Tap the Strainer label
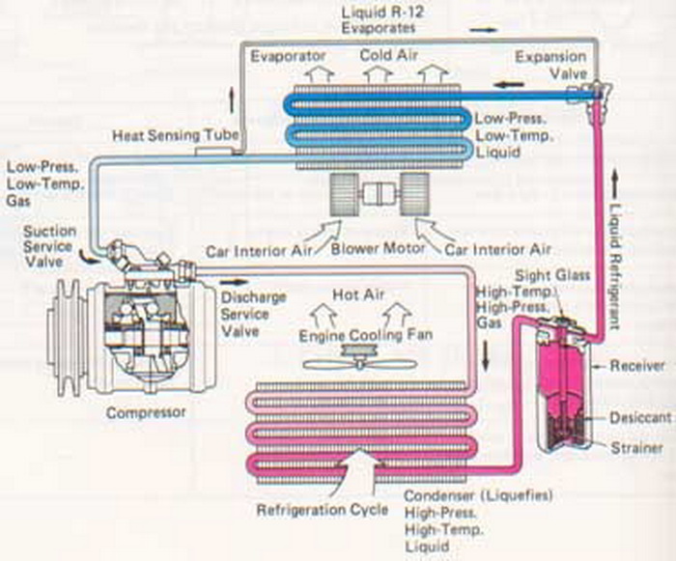pos(634,448)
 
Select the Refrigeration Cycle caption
pos(317,509)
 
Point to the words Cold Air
pos(389,56)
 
